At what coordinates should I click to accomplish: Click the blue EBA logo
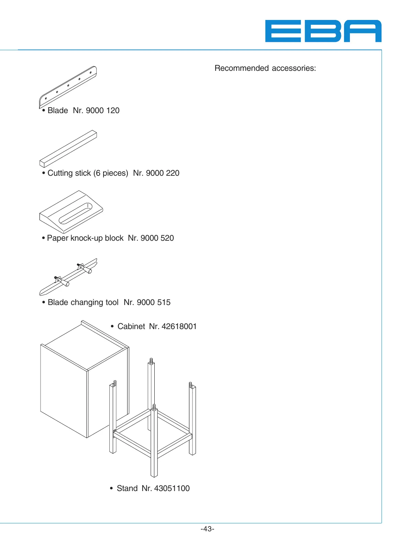coord(323,31)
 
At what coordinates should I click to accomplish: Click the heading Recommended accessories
coord(265,68)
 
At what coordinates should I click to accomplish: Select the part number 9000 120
coord(102,110)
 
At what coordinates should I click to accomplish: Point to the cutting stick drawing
coord(68,149)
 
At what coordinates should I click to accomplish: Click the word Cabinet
coord(131,326)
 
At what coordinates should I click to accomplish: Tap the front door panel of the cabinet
coord(64,390)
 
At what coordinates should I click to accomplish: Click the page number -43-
coord(207,529)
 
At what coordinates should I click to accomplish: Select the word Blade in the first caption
coord(58,110)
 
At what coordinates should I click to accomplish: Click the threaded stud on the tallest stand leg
coord(151,361)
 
